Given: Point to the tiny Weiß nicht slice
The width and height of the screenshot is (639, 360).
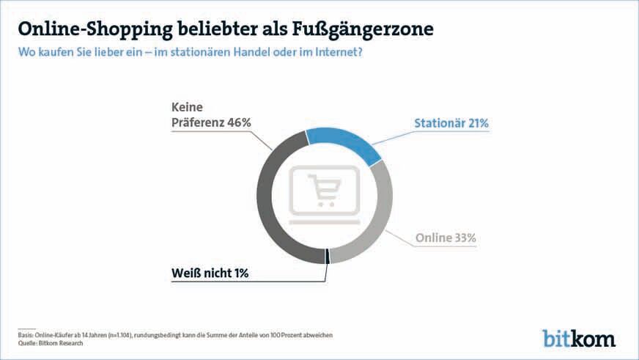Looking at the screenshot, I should (x=326, y=257).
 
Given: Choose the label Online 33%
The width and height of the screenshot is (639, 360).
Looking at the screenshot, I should (x=446, y=238).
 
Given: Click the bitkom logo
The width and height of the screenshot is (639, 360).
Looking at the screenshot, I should (x=578, y=338).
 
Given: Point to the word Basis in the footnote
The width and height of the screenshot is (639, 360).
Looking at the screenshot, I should (x=26, y=334).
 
